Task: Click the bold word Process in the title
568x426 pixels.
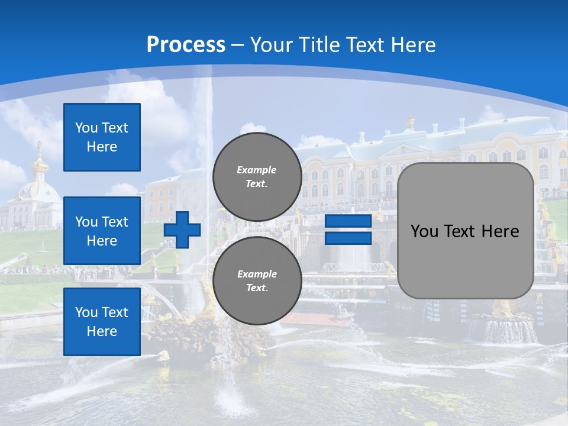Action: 186,45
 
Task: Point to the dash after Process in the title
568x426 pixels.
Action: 238,46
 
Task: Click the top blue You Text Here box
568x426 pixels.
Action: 102,137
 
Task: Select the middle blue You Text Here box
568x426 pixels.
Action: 102,231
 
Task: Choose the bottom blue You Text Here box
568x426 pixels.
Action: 102,321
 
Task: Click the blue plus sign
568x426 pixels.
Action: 182,230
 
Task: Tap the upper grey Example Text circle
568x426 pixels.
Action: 257,177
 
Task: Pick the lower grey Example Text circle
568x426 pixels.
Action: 257,281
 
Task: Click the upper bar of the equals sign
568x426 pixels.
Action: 348,221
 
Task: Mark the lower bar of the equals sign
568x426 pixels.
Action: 348,238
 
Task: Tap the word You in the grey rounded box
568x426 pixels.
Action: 424,231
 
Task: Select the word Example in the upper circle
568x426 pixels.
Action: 257,170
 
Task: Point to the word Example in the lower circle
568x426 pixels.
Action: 257,274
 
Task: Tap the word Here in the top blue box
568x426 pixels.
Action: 102,147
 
